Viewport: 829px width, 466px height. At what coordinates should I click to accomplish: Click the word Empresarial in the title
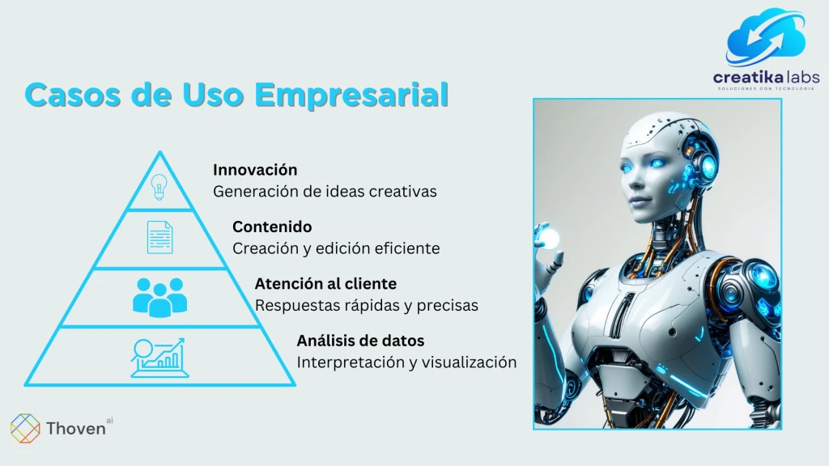coord(351,95)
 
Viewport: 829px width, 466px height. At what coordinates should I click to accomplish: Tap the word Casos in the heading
coord(72,95)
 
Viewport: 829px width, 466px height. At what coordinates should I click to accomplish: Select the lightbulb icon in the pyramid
coord(159,187)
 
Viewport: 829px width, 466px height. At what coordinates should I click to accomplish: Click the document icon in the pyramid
coord(159,237)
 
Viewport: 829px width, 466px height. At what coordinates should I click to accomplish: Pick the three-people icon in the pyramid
coord(159,298)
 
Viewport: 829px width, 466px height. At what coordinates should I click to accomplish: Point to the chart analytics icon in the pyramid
coord(159,358)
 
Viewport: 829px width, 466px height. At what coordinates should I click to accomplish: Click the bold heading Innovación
coord(255,170)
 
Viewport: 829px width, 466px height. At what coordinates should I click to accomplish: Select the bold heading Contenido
coord(272,227)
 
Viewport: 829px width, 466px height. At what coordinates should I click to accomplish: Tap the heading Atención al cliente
coord(325,284)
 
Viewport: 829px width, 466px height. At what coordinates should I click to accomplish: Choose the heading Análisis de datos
coord(360,341)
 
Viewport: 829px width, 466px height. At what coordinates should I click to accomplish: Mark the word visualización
coord(469,362)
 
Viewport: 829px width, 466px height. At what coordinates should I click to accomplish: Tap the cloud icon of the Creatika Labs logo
coord(765,37)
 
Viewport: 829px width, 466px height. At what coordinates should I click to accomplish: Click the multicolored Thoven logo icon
coord(25,428)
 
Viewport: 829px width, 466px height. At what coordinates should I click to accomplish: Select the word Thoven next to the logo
coord(75,429)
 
